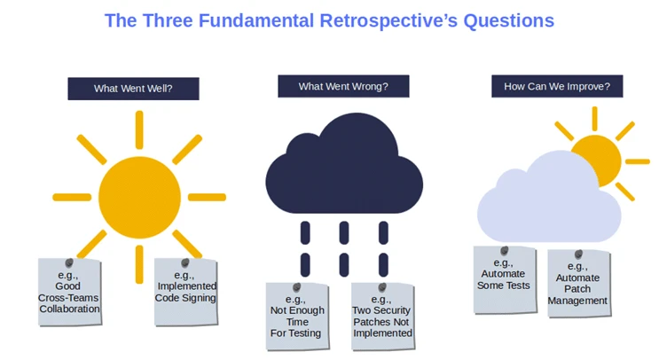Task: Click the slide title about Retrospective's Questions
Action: [329, 20]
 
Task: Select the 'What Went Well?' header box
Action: [133, 89]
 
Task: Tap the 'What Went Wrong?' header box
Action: [342, 86]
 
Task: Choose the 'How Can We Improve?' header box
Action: [557, 86]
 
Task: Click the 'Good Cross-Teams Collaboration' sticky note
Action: [69, 293]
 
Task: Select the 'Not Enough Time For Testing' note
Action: [297, 317]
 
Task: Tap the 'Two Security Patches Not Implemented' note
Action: [382, 317]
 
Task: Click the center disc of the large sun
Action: [138, 197]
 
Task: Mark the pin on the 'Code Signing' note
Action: [185, 263]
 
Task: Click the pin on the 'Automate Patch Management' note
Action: [578, 254]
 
